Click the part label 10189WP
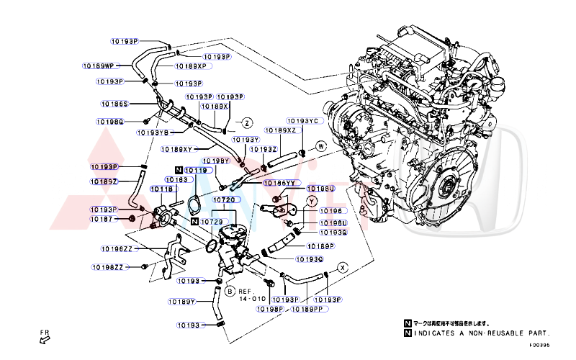[99, 66]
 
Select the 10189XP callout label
[191, 66]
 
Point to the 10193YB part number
[153, 132]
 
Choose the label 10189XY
[176, 150]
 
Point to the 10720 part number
[223, 199]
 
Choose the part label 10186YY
[281, 183]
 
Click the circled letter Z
[246, 122]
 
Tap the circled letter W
[321, 146]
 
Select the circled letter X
[343, 268]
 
